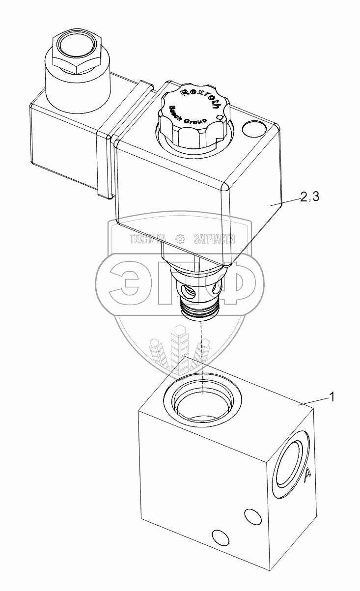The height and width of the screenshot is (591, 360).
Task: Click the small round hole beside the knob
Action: (x=254, y=129)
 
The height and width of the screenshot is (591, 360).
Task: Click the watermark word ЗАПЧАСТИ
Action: (x=215, y=239)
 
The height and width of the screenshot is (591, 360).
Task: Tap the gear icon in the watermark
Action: (x=181, y=239)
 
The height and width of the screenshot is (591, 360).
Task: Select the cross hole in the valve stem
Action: (x=189, y=293)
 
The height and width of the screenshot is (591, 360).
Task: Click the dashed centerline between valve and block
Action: (x=202, y=354)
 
